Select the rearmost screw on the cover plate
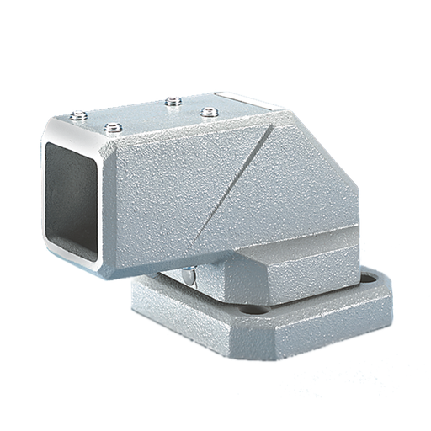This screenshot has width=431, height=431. tap(173, 102)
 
